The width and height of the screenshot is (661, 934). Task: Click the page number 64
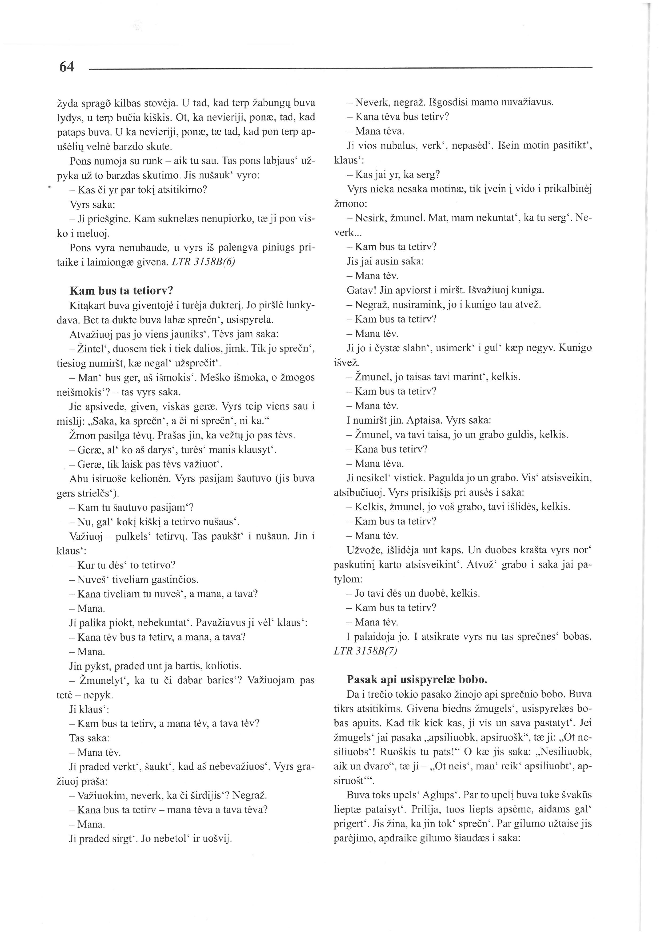pos(67,67)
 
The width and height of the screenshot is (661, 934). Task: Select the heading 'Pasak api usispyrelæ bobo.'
pos(417,680)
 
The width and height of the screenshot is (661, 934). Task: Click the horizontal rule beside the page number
pos(340,68)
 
